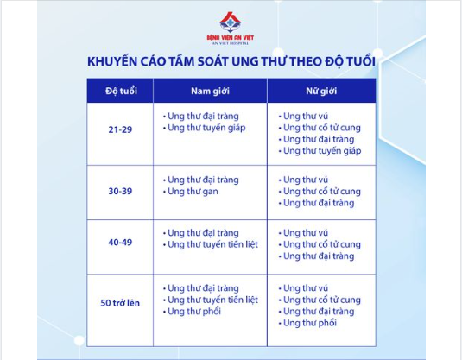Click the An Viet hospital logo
tap(230, 28)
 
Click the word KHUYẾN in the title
tap(112, 61)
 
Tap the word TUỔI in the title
tap(360, 61)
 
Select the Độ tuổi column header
tap(122, 91)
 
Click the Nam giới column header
tap(210, 91)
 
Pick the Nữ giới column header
tap(321, 91)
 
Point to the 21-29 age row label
tap(120, 129)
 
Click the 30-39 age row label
tap(120, 191)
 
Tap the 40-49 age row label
tap(120, 243)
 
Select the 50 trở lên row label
tap(120, 303)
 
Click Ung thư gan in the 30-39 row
tap(193, 192)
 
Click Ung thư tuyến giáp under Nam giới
tap(206, 128)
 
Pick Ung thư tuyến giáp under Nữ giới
tap(322, 151)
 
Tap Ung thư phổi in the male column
tap(194, 312)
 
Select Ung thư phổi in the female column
tap(310, 323)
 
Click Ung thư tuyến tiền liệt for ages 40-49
tap(212, 244)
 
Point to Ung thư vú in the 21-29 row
tap(306, 116)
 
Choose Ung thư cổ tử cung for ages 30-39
tap(322, 192)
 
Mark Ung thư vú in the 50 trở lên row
tap(306, 288)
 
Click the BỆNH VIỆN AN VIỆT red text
tap(230, 37)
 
